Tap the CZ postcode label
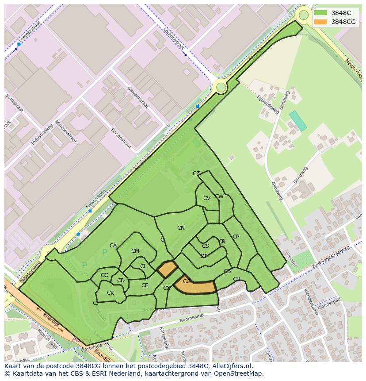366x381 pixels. (196, 173)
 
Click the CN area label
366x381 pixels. (181, 228)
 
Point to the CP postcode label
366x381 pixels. (236, 237)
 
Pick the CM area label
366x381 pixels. (135, 251)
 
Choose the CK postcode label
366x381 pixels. (111, 293)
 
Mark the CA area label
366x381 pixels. (113, 246)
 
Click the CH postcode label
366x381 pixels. (236, 279)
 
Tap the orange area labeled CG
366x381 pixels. (194, 285)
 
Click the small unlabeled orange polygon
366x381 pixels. (167, 269)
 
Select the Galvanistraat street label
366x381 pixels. (138, 96)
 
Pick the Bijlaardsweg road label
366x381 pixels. (267, 104)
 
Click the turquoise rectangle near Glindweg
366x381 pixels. (298, 121)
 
